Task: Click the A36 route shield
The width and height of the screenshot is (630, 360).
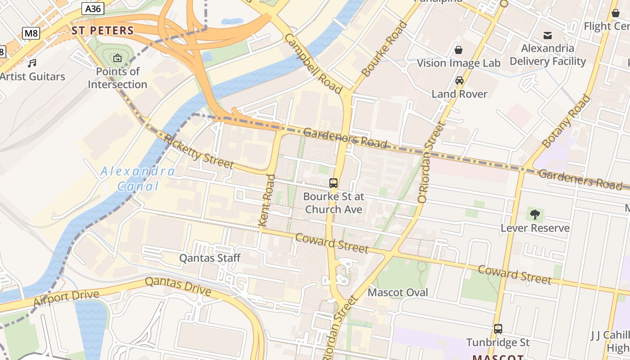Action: click(x=93, y=8)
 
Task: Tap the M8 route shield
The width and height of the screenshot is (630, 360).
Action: click(x=31, y=33)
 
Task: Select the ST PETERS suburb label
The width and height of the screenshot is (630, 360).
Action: click(x=103, y=31)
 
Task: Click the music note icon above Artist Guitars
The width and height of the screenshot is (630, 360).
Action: click(x=32, y=63)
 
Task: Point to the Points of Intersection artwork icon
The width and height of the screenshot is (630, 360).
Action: click(x=117, y=58)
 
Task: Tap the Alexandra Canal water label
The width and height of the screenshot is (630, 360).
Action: click(x=137, y=179)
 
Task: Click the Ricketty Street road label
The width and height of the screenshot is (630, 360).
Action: click(x=198, y=151)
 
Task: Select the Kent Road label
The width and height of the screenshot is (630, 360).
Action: click(x=266, y=200)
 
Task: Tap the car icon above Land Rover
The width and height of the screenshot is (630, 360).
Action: click(x=459, y=81)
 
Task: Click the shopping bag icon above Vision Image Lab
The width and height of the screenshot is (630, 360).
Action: click(x=458, y=49)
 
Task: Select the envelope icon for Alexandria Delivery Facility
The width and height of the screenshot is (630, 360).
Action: click(x=548, y=35)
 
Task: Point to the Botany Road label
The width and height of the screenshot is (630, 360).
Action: click(x=566, y=121)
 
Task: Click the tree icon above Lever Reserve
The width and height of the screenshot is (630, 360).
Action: click(x=535, y=215)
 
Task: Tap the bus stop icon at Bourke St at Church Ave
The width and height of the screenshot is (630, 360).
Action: click(x=333, y=183)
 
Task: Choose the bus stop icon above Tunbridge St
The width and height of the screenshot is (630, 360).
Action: click(x=498, y=329)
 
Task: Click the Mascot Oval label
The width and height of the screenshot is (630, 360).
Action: click(x=398, y=292)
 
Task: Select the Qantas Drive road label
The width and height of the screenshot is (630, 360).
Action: click(x=178, y=287)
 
